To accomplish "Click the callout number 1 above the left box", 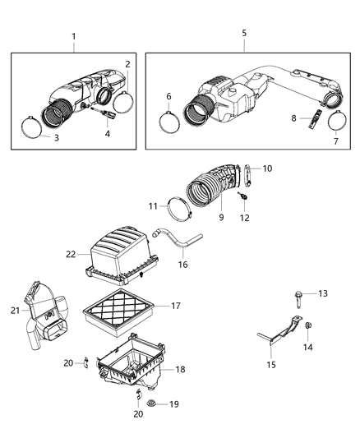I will pos(73,36).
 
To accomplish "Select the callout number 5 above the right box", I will pos(244,33).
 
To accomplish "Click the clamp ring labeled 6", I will pos(169,122).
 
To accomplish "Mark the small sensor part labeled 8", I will pos(313,122).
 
